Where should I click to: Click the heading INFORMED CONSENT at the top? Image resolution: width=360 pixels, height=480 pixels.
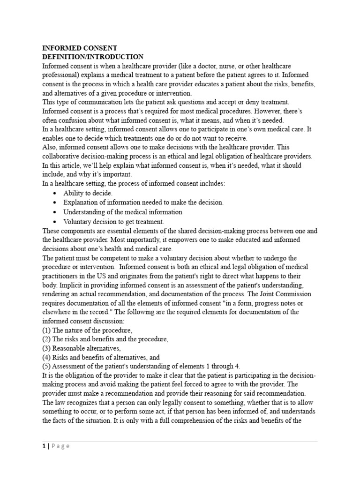[80, 48]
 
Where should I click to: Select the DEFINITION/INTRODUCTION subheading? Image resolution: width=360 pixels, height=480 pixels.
[93, 57]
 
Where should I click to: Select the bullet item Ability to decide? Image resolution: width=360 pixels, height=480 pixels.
[88, 193]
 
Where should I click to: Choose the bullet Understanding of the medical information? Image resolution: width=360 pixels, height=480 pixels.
[123, 212]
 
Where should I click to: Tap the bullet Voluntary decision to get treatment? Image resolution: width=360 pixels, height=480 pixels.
[113, 221]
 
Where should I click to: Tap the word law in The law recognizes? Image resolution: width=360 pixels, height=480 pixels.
[61, 402]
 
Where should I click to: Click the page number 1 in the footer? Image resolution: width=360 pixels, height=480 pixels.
[44, 446]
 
